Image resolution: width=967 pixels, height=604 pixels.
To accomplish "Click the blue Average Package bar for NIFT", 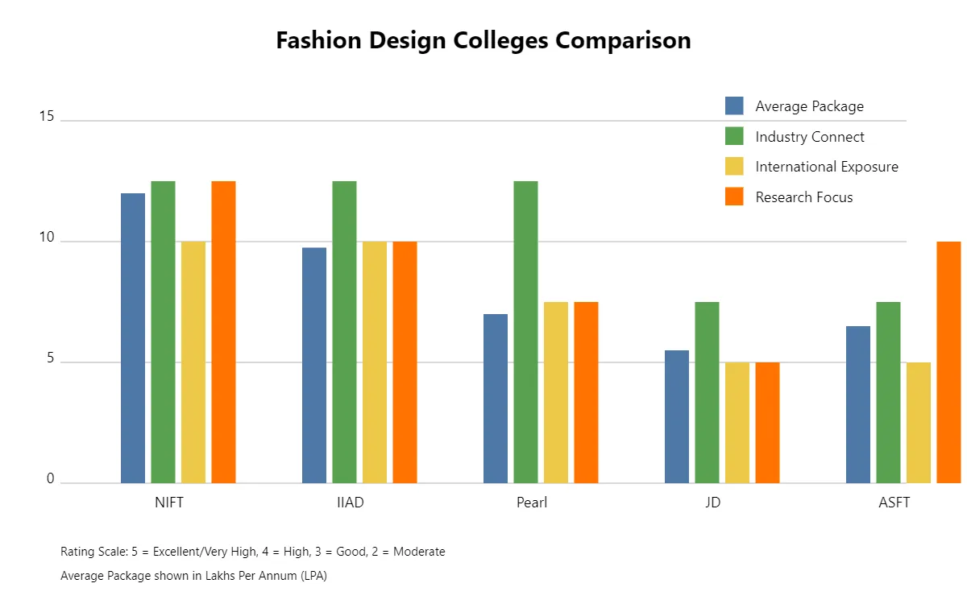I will (133, 338).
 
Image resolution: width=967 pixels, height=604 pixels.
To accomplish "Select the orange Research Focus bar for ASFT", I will (948, 362).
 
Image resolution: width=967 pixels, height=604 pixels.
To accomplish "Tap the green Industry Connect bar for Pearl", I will (525, 332).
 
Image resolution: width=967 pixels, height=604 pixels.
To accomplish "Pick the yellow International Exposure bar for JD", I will (737, 423).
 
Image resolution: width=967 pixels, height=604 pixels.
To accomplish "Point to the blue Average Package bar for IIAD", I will (314, 366).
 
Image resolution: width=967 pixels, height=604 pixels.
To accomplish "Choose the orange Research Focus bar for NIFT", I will (223, 332).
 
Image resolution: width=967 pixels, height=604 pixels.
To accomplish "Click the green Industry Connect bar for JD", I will (707, 392).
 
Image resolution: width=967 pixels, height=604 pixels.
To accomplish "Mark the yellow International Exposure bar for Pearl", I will (556, 392).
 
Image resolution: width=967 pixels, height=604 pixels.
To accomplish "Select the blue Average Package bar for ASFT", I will (858, 404).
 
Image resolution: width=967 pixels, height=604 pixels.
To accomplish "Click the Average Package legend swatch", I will (734, 106).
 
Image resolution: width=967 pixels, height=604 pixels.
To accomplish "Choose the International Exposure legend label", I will (827, 167).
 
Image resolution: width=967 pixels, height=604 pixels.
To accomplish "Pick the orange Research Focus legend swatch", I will (734, 197).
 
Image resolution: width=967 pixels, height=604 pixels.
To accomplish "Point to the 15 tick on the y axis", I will (46, 118).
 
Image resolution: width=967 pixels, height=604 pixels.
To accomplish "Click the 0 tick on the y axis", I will (50, 480).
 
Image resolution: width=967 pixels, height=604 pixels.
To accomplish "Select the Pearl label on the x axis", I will (532, 503).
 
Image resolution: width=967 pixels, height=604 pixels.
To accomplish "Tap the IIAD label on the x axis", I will (351, 503).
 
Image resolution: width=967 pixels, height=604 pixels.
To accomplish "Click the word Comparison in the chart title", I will (624, 41).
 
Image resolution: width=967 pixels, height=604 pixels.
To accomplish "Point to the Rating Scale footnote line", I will (252, 552).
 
